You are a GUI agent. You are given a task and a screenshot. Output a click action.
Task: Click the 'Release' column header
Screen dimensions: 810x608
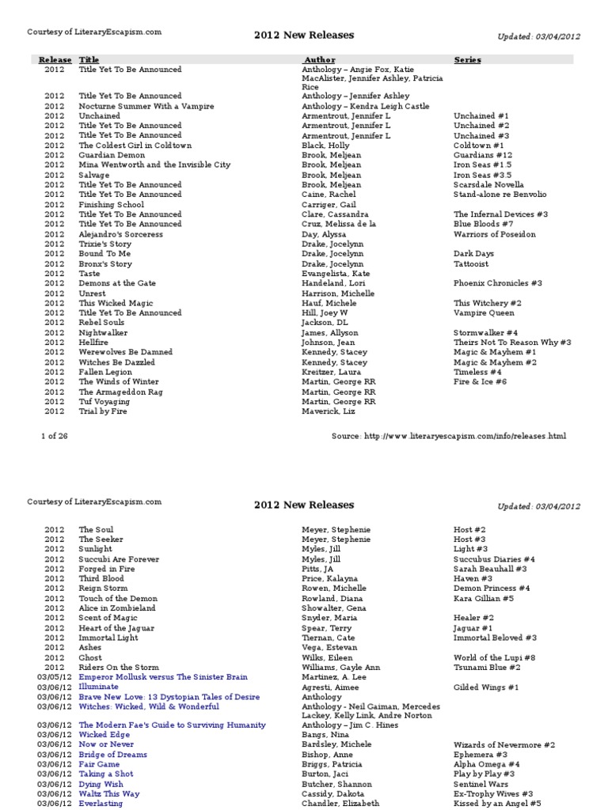click(55, 59)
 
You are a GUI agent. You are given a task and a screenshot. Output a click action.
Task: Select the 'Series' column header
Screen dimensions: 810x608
click(467, 59)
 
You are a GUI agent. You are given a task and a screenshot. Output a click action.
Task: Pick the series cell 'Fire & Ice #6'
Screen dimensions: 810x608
click(480, 381)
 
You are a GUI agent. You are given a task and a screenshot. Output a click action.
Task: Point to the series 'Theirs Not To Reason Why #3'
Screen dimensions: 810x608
click(512, 342)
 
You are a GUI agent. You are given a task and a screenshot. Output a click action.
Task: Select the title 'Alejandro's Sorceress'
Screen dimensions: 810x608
click(121, 234)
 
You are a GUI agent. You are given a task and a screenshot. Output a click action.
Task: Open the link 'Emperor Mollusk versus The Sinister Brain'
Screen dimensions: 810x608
click(163, 677)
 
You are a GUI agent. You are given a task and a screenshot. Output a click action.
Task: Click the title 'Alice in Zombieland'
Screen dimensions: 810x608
click(117, 608)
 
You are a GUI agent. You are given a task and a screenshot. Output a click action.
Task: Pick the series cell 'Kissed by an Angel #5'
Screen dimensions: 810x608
click(497, 803)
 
